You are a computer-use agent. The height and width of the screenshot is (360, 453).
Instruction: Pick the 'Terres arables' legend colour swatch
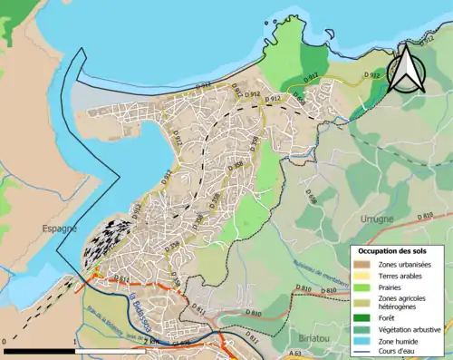coord(361,277)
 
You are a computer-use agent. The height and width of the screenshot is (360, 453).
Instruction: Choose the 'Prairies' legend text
coord(392,289)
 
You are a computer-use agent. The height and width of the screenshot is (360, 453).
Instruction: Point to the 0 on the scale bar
coord(5,342)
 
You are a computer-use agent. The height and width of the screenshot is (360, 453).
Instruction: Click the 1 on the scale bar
coord(73,342)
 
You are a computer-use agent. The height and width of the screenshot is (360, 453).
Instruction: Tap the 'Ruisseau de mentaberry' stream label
coord(316,262)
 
